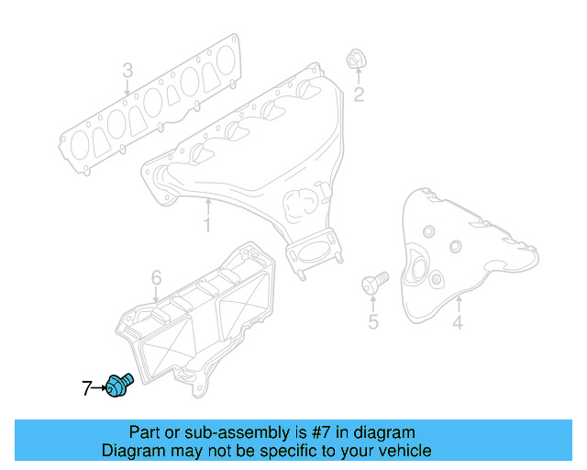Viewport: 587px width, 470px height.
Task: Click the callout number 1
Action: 207,224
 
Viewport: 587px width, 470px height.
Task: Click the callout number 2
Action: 359,94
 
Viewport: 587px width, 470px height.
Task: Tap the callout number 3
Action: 127,71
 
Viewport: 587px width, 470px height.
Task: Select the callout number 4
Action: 457,321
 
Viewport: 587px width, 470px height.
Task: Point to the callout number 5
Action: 372,321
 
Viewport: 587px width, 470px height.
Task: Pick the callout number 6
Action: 156,277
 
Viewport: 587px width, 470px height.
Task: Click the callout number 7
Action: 86,389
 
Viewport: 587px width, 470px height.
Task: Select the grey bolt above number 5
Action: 375,280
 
